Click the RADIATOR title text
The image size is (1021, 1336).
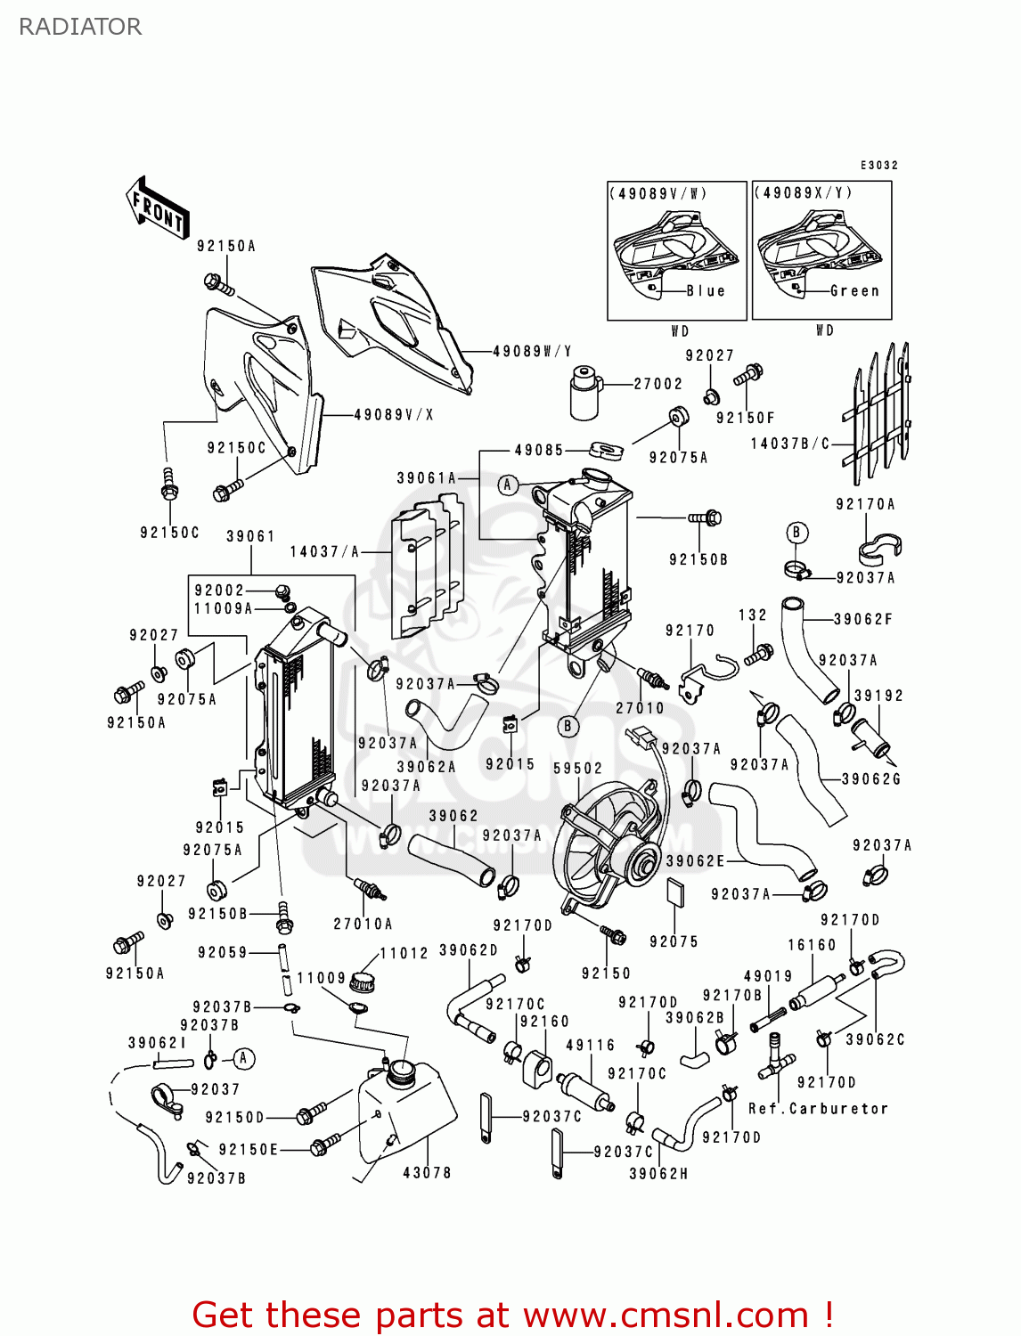(x=80, y=27)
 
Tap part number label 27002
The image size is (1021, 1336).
(x=658, y=384)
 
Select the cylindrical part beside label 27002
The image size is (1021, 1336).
(x=584, y=392)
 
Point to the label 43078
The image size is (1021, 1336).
(x=427, y=1173)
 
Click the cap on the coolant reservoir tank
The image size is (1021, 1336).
(x=403, y=1071)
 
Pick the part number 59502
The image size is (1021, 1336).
(x=577, y=768)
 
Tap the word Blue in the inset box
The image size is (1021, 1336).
(x=706, y=291)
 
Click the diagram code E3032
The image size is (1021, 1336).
(x=878, y=166)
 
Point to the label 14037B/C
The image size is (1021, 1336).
(x=789, y=444)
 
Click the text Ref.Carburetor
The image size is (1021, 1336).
(x=818, y=1109)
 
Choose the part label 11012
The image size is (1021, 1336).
(x=404, y=953)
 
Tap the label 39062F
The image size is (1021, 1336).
(x=862, y=619)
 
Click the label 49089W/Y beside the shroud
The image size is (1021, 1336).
(x=532, y=352)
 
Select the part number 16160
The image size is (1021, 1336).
(x=812, y=945)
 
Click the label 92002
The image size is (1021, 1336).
(x=219, y=591)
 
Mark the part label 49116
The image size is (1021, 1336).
(x=590, y=1045)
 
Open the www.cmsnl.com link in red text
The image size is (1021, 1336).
(x=665, y=1315)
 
